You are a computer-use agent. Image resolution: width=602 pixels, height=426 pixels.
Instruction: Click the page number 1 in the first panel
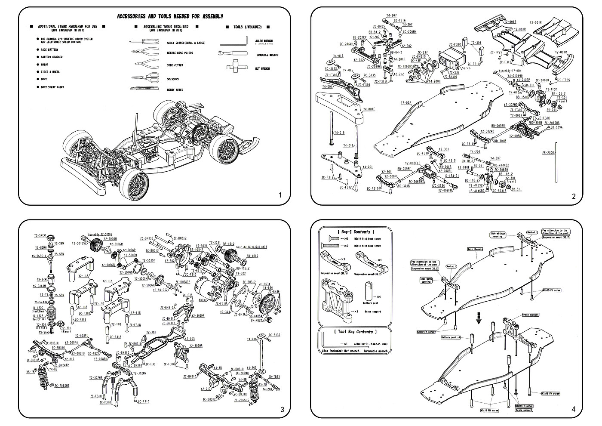pos(280,195)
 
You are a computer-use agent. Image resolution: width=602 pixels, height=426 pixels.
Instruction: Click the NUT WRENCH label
pos(262,68)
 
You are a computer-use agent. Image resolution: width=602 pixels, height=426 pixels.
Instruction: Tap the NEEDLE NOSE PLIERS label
pos(180,53)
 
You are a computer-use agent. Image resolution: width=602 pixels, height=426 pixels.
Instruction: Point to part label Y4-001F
pos(369,109)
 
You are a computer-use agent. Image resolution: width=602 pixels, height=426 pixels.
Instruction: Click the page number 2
pos(573,196)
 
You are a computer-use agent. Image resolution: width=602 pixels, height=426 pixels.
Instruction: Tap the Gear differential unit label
pos(252,247)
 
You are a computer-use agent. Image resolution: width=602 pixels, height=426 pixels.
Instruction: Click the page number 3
pos(282,409)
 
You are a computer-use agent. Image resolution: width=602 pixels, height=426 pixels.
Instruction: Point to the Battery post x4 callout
pos(450,337)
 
